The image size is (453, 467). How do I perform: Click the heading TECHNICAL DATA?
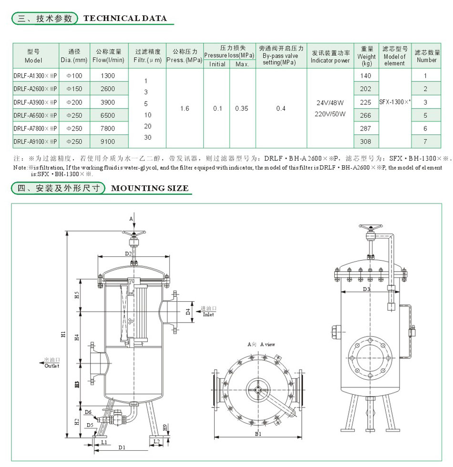[125, 19]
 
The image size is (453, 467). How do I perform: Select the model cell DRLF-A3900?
[35, 102]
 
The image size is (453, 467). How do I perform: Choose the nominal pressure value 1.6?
[185, 109]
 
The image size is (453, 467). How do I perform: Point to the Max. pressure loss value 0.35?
[242, 109]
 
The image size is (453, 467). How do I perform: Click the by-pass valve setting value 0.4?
[281, 109]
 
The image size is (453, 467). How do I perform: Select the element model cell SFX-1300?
[394, 102]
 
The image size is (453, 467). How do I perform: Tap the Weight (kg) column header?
[366, 56]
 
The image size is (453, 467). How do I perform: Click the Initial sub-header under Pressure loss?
[217, 64]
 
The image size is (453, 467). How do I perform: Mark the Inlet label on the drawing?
[208, 315]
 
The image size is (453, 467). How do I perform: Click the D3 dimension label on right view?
[366, 289]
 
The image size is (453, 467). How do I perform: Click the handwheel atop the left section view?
[134, 233]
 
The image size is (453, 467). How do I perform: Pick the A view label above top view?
[261, 344]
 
